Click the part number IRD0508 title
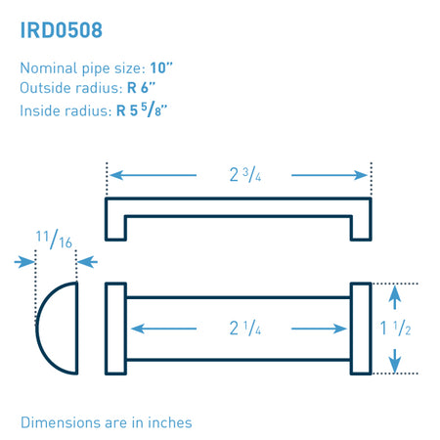pyautogui.click(x=62, y=30)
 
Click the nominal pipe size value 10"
pyautogui.click(x=161, y=68)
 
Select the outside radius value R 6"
pyautogui.click(x=141, y=88)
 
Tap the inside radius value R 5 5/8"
pyautogui.click(x=142, y=110)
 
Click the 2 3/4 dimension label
pyautogui.click(x=245, y=175)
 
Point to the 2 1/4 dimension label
pyautogui.click(x=245, y=328)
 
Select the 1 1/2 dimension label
pyautogui.click(x=395, y=328)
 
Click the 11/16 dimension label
pyautogui.click(x=54, y=240)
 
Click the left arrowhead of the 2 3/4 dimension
pyautogui.click(x=116, y=175)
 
